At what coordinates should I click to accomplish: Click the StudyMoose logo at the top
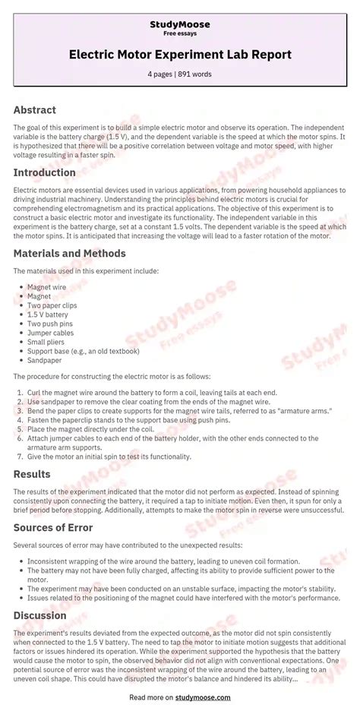pos(180,24)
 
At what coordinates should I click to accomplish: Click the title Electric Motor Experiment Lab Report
pos(180,55)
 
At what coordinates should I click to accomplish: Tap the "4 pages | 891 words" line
pos(180,74)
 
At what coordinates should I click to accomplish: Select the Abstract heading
pos(35,110)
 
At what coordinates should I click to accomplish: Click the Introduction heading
pos(45,172)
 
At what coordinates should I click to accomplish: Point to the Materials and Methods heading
pos(70,253)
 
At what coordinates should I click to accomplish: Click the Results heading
pos(32,475)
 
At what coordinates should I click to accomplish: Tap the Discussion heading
pos(40,616)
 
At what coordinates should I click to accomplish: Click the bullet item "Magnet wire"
pos(48,288)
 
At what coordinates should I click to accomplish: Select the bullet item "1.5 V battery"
pos(48,314)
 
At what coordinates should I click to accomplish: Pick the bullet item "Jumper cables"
pos(51,332)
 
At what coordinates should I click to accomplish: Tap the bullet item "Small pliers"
pos(48,341)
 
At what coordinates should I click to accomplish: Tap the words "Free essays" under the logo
pos(180,34)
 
